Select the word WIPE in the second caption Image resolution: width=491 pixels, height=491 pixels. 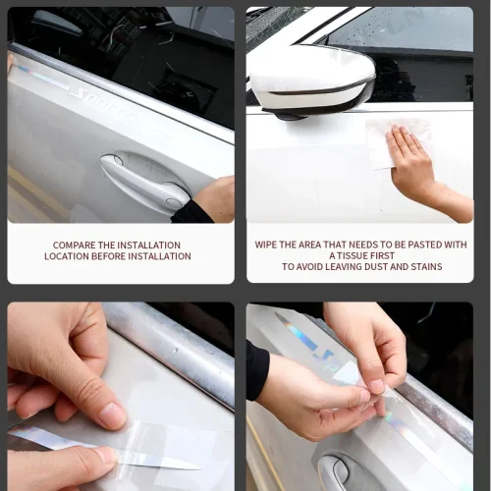[264, 245]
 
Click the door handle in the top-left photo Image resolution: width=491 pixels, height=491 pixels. [144, 179]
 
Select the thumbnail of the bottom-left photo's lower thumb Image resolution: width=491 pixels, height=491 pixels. [105, 455]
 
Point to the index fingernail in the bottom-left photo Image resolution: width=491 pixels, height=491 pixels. [113, 415]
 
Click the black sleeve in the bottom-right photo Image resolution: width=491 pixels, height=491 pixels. [257, 370]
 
